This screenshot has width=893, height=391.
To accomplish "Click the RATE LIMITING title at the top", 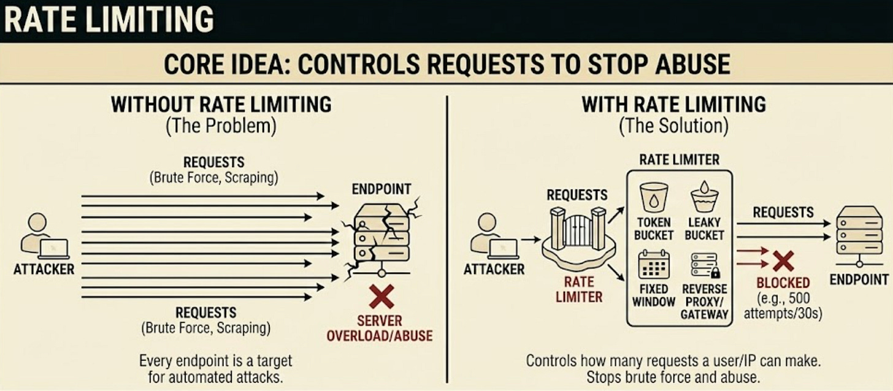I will (109, 20).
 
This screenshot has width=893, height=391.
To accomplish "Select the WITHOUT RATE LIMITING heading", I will (221, 104).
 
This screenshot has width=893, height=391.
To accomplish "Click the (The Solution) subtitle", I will (673, 126).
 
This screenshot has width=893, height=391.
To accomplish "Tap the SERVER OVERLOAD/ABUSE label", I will (379, 328).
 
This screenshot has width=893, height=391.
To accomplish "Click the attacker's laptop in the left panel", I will (54, 248).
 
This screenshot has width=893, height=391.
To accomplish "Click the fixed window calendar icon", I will (653, 264).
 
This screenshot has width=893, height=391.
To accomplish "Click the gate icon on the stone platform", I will (578, 230).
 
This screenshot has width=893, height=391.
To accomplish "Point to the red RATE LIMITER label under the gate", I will (579, 289).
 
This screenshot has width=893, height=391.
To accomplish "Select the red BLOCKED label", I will (783, 283).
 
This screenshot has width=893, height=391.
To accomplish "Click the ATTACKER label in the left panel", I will (44, 269).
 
